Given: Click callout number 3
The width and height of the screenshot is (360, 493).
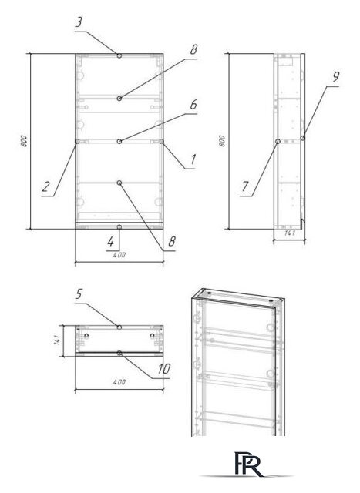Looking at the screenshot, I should click(x=79, y=22).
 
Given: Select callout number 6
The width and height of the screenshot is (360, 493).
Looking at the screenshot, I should click(x=193, y=103).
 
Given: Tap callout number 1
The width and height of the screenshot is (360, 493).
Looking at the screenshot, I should click(x=192, y=159).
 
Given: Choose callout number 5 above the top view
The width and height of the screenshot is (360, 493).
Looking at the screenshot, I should click(x=79, y=293).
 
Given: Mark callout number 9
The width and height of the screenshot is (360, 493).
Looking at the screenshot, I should click(x=336, y=77).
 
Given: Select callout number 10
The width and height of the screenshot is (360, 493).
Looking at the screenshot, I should click(x=163, y=369).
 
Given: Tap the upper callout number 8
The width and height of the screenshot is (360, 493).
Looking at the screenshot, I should click(x=193, y=49).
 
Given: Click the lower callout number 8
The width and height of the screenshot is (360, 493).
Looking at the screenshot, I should click(x=171, y=241).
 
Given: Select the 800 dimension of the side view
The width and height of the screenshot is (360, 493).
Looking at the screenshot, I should click(x=223, y=142).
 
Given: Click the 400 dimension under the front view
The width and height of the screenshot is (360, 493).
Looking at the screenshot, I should click(x=119, y=254).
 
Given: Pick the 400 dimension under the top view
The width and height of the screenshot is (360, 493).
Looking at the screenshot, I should click(x=119, y=381).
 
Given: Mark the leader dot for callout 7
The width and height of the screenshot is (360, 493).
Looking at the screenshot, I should click(x=277, y=141).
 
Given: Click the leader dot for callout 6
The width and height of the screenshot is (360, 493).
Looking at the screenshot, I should click(x=119, y=141).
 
